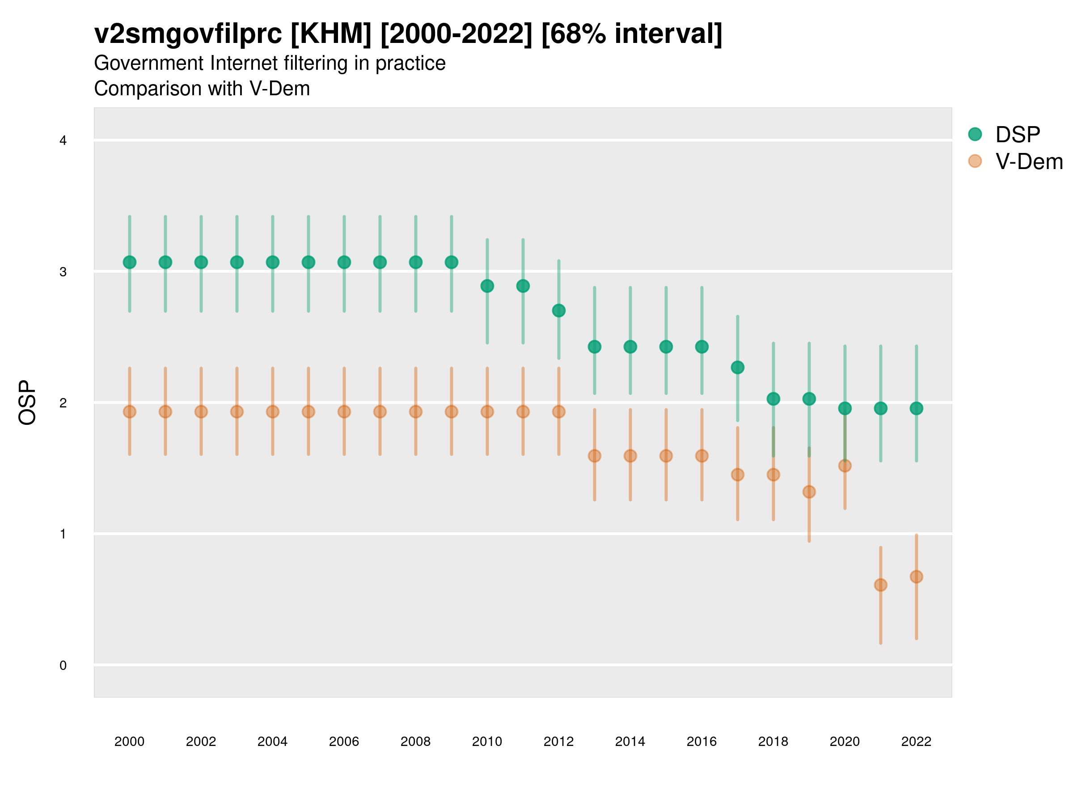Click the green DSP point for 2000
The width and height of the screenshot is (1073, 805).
[130, 262]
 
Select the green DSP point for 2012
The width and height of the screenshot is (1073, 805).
[559, 310]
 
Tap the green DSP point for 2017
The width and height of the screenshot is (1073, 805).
[737, 367]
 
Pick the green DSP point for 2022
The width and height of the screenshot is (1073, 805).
[917, 409]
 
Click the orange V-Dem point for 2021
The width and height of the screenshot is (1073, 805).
[880, 585]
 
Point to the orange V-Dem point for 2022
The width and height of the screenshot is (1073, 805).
[917, 577]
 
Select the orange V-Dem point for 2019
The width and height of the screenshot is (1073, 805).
[809, 492]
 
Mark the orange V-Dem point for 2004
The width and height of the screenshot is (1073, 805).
[273, 412]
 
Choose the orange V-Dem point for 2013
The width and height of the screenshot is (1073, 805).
[594, 456]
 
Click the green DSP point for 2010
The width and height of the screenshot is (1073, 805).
[487, 286]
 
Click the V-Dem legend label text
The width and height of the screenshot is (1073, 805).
[1029, 161]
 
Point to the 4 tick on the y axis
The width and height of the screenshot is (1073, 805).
[63, 141]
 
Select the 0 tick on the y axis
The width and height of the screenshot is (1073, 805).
[63, 666]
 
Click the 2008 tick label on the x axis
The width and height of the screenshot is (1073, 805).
[416, 742]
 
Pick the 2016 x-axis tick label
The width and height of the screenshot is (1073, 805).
[701, 742]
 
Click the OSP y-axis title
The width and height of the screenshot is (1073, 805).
[27, 403]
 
